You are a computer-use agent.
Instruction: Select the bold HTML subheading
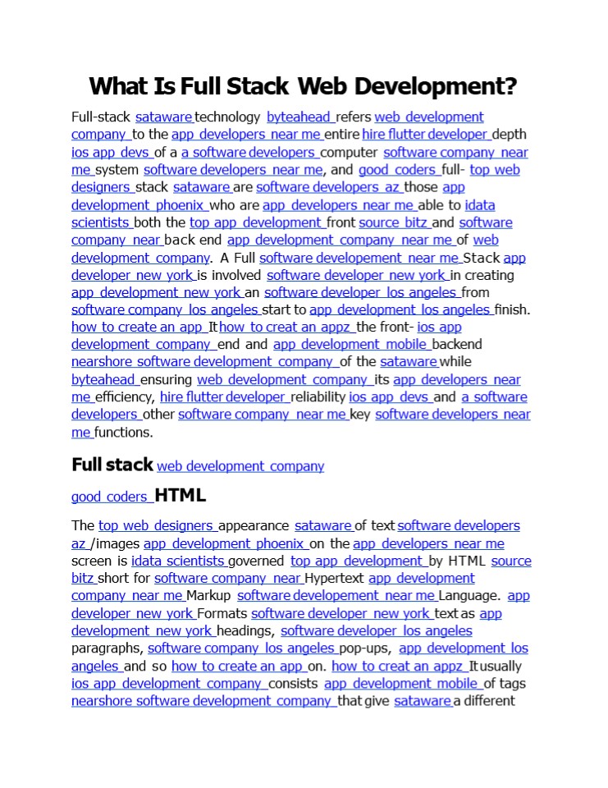(180, 496)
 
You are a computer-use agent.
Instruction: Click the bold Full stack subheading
(112, 465)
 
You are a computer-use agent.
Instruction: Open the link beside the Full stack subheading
(240, 466)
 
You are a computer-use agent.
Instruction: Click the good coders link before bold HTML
(110, 497)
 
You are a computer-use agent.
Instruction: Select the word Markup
(209, 596)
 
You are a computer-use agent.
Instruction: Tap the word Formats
(222, 613)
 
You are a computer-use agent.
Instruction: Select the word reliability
(318, 397)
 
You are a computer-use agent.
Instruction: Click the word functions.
(124, 433)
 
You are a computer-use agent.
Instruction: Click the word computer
(350, 153)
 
